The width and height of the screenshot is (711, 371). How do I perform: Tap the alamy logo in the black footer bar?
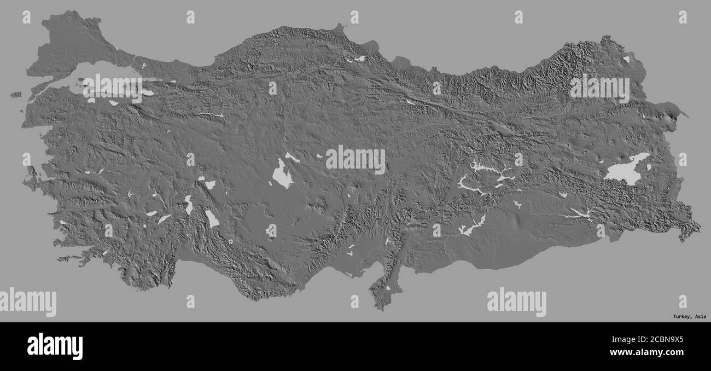(55, 346)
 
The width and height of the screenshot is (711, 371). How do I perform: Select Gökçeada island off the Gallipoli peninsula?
(16, 95)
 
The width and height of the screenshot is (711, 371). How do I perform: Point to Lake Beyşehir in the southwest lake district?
(211, 218)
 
